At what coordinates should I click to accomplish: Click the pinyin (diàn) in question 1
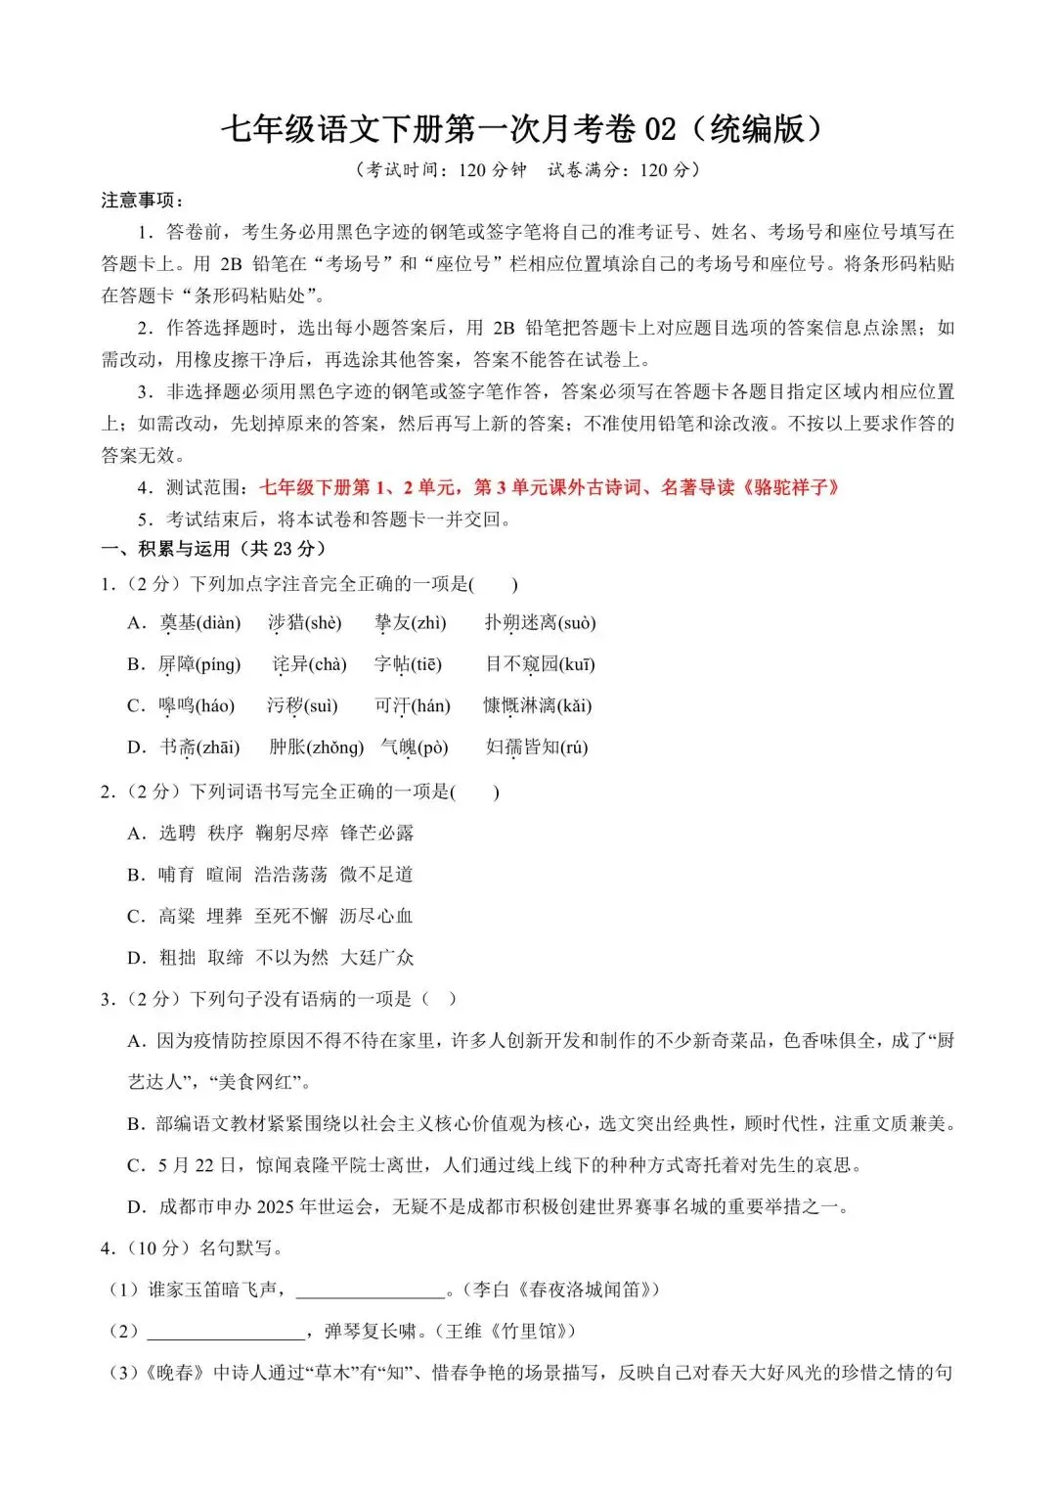coord(218,623)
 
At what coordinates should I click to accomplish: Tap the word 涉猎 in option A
coord(285,623)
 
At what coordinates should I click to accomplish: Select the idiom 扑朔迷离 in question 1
coord(520,623)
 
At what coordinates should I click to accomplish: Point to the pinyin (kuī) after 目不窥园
coord(577,665)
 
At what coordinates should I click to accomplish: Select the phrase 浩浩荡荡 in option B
coord(290,875)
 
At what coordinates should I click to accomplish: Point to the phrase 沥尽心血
coord(376,916)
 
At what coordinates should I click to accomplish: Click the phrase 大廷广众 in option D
coord(376,958)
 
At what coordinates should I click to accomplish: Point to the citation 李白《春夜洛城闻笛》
coord(566,1290)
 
